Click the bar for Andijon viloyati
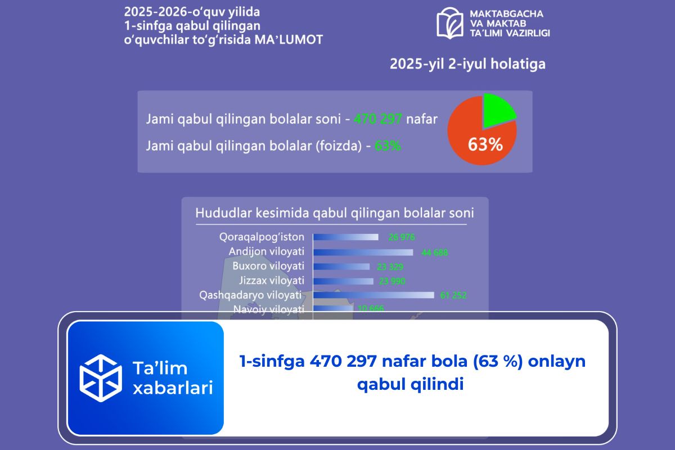point(363,252)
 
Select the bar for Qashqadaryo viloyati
point(373,295)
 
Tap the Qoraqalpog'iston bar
point(346,237)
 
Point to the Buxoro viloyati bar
point(341,267)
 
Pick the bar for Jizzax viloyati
point(343,281)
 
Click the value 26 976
point(402,237)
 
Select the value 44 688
point(434,253)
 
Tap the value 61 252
point(453,295)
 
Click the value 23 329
point(390,267)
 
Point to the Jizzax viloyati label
point(272,281)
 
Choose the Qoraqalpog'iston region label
point(262,237)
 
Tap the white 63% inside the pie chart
point(485,145)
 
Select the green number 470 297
point(378,119)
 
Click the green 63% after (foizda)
point(388,146)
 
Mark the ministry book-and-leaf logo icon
point(450,23)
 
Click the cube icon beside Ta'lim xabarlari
point(101,378)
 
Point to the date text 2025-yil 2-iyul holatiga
point(467,64)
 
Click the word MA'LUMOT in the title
point(289,40)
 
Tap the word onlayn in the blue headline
point(557,361)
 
